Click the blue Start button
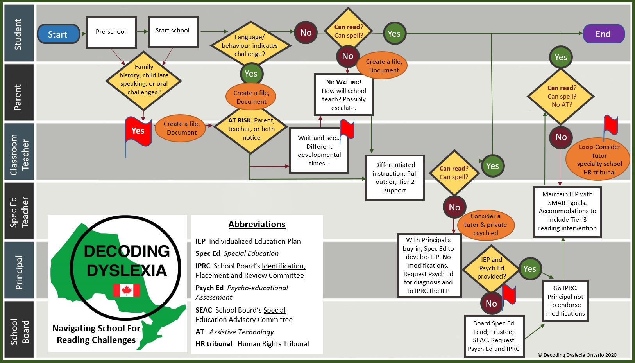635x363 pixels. coord(58,34)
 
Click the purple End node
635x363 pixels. coord(603,34)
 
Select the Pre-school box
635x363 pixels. coord(111,32)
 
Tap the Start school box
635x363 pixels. coord(173,31)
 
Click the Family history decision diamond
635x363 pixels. coord(144,80)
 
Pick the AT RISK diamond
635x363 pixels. coord(251,129)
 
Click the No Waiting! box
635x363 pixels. coord(343,95)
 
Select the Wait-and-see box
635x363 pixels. coord(319,151)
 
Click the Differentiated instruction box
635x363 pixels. coord(395,178)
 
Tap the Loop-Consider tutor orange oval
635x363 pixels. coord(599,160)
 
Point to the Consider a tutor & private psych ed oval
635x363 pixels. coord(485,225)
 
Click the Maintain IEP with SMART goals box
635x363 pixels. coord(567,211)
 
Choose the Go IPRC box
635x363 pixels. coord(565,301)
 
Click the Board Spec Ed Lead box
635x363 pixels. coord(494,336)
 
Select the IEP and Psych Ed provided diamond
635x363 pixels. coord(491,268)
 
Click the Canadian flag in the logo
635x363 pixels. coord(126,290)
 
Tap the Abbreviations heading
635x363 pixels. coord(257,225)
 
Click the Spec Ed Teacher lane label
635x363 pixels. coord(19,211)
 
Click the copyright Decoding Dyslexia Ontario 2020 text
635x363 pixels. coord(577,355)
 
